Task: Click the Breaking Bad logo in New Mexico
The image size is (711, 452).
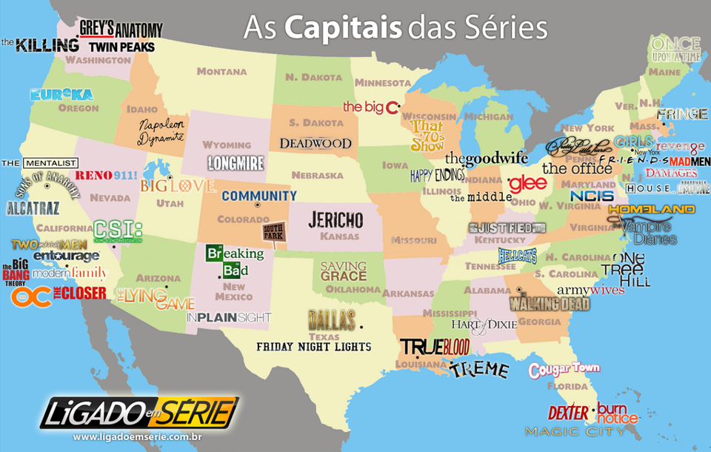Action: click(x=234, y=262)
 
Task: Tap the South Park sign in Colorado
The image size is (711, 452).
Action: click(x=273, y=235)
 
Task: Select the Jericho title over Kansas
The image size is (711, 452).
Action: click(x=336, y=219)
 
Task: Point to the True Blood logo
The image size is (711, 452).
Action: click(x=435, y=347)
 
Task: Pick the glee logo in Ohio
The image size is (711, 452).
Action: click(x=527, y=183)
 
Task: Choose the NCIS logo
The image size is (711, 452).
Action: click(x=592, y=196)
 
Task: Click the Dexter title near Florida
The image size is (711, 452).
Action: click(x=568, y=413)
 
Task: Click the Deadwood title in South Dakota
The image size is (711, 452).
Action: click(x=315, y=143)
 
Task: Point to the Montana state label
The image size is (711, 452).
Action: click(x=221, y=71)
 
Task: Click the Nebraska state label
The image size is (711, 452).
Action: click(x=317, y=176)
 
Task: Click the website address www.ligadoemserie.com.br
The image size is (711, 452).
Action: click(x=138, y=437)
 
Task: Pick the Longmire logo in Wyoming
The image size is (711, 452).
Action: click(x=236, y=163)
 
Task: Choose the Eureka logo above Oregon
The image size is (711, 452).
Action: click(x=61, y=95)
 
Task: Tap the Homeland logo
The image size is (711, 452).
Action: click(x=651, y=210)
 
